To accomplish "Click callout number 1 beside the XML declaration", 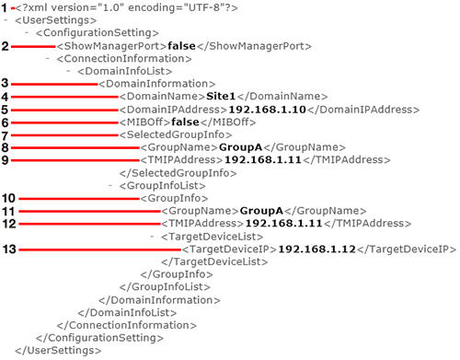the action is (x=5, y=8).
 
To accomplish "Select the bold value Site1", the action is (x=221, y=97).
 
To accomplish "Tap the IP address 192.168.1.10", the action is (x=268, y=110).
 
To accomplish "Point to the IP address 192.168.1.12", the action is (x=316, y=250).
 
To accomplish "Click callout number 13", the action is (x=9, y=250).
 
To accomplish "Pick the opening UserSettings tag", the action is (x=55, y=20).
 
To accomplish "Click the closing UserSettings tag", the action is (x=58, y=351).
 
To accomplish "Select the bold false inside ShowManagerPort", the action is (x=181, y=46).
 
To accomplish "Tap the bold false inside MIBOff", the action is (x=185, y=122).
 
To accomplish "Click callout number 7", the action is (x=5, y=135).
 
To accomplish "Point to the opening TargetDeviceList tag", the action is (x=212, y=237).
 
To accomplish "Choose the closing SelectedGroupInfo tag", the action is (x=178, y=173).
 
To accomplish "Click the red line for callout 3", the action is (x=54, y=84).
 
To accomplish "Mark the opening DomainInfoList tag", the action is (x=125, y=71).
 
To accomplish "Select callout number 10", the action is (x=8, y=198).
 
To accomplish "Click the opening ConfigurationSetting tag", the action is (x=98, y=33).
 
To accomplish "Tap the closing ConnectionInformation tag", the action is (x=127, y=325).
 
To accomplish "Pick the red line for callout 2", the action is (x=33, y=46).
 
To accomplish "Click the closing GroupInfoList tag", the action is (x=165, y=287).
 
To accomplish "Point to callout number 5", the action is (x=5, y=110).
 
